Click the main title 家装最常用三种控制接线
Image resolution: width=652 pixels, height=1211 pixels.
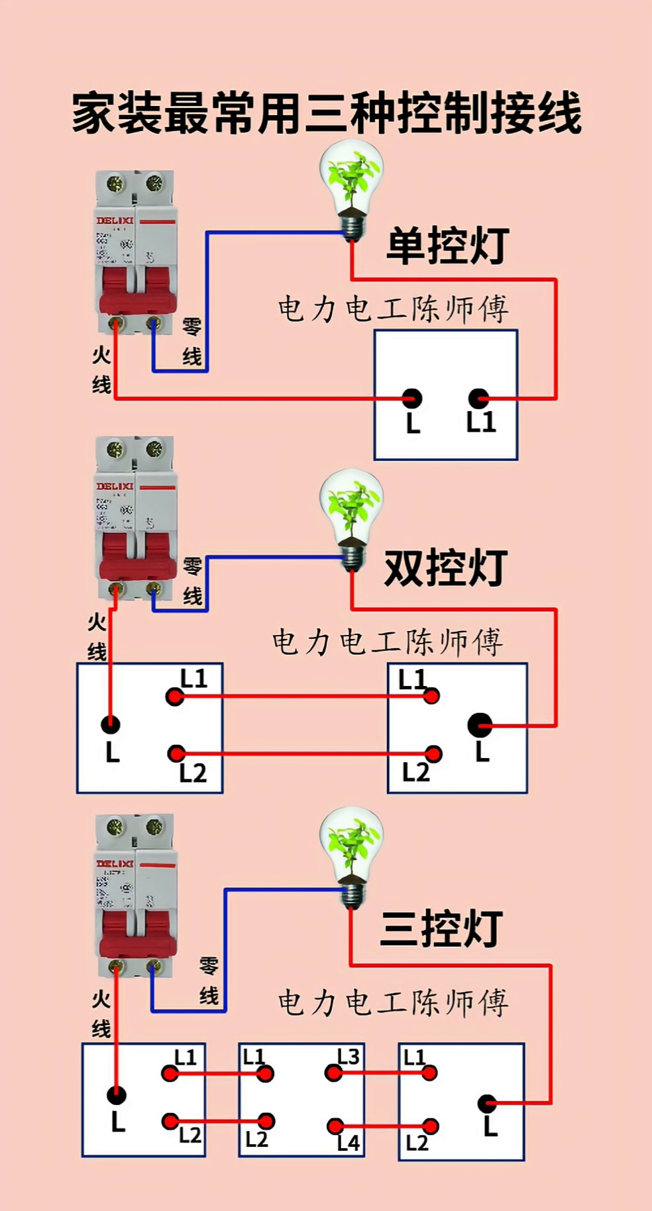pyautogui.click(x=326, y=114)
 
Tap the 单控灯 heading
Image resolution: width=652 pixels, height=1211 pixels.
pyautogui.click(x=447, y=246)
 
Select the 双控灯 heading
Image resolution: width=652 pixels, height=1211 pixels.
pyautogui.click(x=445, y=568)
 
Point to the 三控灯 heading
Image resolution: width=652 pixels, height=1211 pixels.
pyautogui.click(x=441, y=929)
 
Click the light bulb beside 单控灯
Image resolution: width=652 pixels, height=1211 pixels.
pyautogui.click(x=351, y=189)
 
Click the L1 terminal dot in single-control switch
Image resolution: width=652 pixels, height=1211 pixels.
pyautogui.click(x=478, y=399)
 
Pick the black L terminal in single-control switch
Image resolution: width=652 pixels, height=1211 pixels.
pyautogui.click(x=412, y=399)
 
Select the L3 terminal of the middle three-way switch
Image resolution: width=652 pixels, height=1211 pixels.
pyautogui.click(x=334, y=1073)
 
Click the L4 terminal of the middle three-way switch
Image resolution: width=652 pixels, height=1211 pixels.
pyautogui.click(x=335, y=1126)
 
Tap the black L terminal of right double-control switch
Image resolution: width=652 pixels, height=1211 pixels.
pyautogui.click(x=480, y=726)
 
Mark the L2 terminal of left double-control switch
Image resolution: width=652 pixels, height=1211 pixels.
pyautogui.click(x=176, y=753)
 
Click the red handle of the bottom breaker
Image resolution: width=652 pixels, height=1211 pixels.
pyautogui.click(x=137, y=934)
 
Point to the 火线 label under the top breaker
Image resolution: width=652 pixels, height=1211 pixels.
pyautogui.click(x=101, y=369)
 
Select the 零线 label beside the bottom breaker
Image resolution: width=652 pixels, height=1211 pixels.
pyautogui.click(x=209, y=981)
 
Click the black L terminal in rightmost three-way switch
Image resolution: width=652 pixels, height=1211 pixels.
pyautogui.click(x=488, y=1103)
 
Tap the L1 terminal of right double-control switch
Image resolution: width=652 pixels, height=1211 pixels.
pyautogui.click(x=431, y=696)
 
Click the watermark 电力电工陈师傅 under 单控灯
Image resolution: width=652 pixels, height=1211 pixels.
pyautogui.click(x=394, y=309)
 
